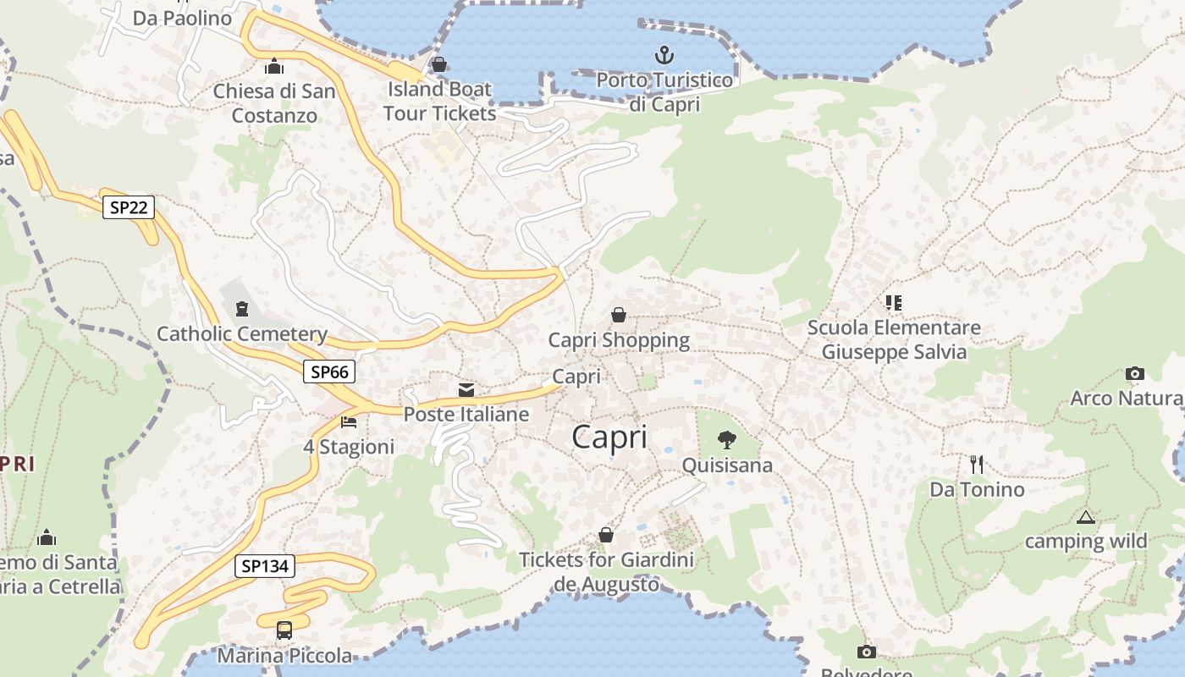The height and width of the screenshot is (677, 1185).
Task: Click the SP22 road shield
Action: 129,207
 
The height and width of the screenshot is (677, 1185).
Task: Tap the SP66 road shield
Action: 329,372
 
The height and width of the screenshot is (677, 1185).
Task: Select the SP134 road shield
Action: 265,567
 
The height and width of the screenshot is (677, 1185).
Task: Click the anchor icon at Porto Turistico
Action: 664,56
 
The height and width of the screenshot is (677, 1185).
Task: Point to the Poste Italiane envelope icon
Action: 466,390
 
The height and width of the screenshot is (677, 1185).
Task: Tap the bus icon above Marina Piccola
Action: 284,630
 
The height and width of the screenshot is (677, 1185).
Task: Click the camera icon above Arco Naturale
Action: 1135,373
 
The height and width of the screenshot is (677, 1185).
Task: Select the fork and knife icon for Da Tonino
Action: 977,464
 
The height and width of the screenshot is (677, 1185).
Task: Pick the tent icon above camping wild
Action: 1086,517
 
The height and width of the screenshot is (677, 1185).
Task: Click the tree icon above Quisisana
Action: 726,440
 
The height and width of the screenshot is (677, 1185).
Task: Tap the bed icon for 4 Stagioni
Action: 349,421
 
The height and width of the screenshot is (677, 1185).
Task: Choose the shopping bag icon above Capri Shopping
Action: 619,316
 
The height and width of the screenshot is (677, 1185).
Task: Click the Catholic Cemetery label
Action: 242,334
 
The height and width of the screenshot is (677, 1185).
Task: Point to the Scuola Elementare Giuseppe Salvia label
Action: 894,339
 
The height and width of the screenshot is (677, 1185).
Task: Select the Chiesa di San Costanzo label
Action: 274,103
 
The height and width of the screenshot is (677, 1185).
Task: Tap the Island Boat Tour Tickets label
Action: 439,101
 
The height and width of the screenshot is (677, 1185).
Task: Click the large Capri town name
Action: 609,438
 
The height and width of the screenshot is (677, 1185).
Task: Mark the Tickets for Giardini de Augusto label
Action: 606,571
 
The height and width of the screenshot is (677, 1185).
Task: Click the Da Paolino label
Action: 183,18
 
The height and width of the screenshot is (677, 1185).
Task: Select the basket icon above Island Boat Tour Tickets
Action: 439,64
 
